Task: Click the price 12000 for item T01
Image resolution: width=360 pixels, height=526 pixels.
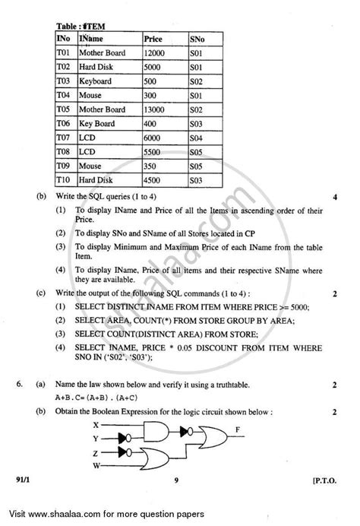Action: (x=156, y=53)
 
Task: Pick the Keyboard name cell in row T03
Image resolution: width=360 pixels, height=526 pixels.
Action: (x=95, y=81)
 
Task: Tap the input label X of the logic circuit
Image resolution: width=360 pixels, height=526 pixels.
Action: (x=116, y=425)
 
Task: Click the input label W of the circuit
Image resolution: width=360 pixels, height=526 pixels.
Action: (x=116, y=465)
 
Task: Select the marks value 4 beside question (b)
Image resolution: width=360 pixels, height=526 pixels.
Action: (x=334, y=198)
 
